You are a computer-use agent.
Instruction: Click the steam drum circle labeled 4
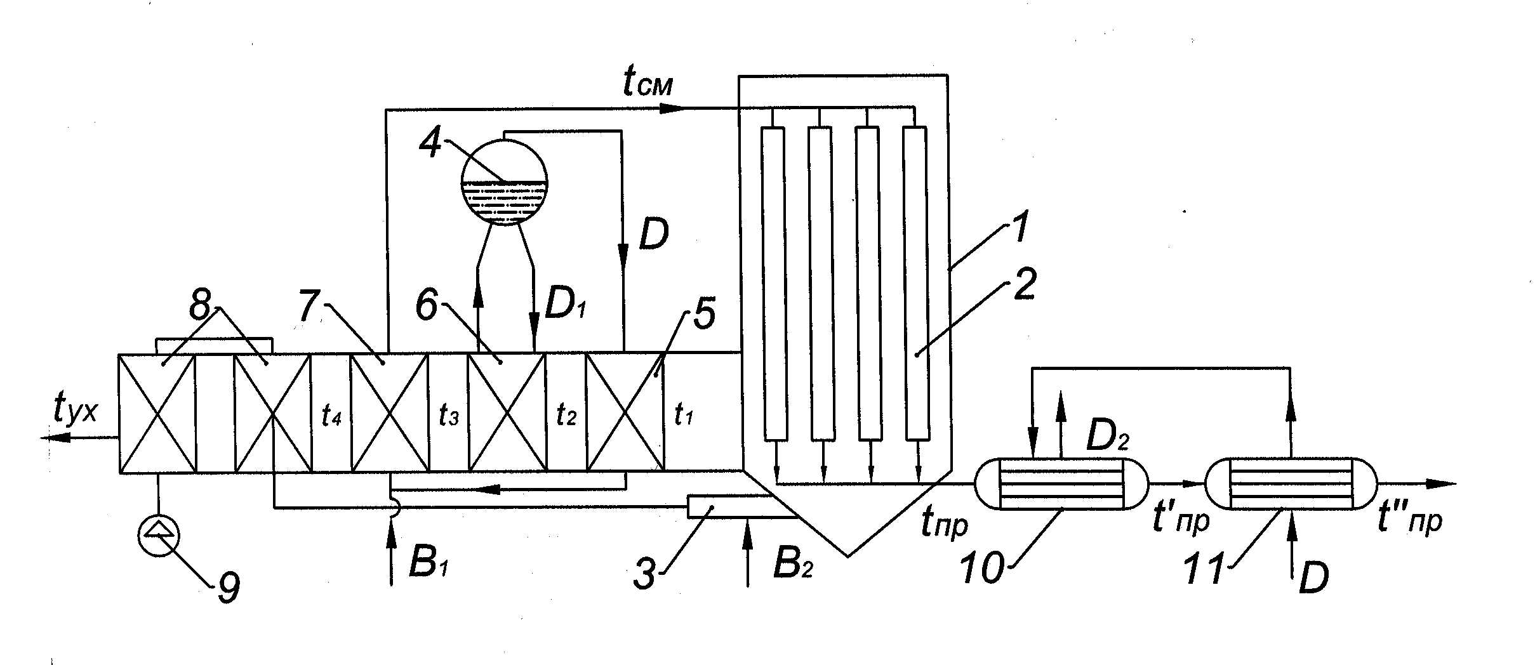click(x=504, y=182)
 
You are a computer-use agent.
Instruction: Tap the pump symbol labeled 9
click(x=159, y=536)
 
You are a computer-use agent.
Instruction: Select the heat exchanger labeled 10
click(x=1061, y=484)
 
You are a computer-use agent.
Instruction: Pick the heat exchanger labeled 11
click(x=1291, y=484)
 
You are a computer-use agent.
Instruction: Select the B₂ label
click(x=793, y=563)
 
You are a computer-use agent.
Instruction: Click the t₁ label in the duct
click(x=682, y=415)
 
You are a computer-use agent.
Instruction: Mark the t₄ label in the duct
click(x=331, y=415)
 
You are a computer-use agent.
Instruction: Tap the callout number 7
click(x=309, y=306)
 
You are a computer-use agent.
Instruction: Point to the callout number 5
click(x=703, y=314)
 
